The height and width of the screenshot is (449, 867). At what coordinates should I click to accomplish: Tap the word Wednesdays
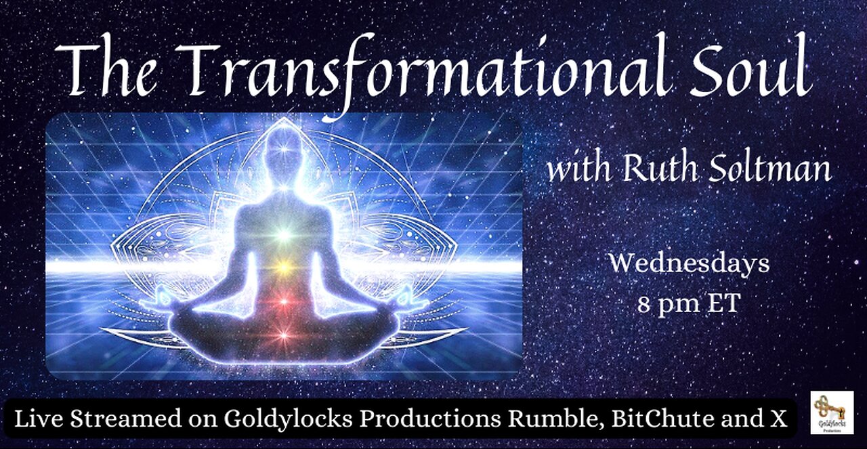click(689, 263)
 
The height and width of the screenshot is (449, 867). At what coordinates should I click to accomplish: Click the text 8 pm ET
click(689, 303)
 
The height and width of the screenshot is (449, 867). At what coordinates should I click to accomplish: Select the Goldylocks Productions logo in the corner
click(831, 412)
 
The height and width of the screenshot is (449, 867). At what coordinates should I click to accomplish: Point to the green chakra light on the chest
click(284, 235)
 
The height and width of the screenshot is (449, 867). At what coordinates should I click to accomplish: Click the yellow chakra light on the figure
click(284, 266)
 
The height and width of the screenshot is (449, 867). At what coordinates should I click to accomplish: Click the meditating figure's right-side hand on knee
click(405, 297)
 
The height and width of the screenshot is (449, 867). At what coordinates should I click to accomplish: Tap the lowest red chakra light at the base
click(284, 333)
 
